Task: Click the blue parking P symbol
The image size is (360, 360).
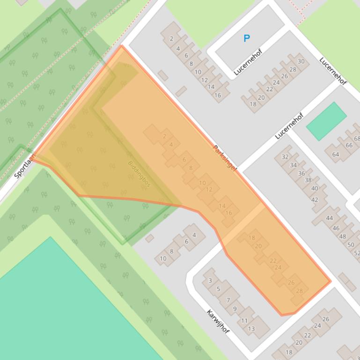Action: pyautogui.click(x=247, y=38)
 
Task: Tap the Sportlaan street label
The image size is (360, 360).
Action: pyautogui.click(x=24, y=166)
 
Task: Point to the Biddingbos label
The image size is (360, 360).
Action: pyautogui.click(x=139, y=174)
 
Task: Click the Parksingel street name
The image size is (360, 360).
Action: pyautogui.click(x=225, y=158)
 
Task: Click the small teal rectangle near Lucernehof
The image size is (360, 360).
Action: pyautogui.click(x=326, y=121)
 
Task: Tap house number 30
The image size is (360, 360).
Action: pyautogui.click(x=301, y=61)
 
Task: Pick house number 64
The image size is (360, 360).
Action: pyautogui.click(x=336, y=154)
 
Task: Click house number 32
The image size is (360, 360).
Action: pyautogui.click(x=285, y=157)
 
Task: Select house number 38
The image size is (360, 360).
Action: pyautogui.click(x=308, y=180)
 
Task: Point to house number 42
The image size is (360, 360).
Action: pyautogui.click(x=315, y=200)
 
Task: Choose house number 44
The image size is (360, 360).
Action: pyautogui.click(x=330, y=218)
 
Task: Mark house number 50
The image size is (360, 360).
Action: pyautogui.click(x=351, y=245)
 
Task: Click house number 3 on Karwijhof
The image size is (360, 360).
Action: pyautogui.click(x=210, y=281)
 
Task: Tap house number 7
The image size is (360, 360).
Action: pyautogui.click(x=228, y=301)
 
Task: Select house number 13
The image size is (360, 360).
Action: pyautogui.click(x=251, y=329)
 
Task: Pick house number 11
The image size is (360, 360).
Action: pyautogui.click(x=244, y=321)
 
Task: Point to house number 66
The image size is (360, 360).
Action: pyautogui.click(x=349, y=145)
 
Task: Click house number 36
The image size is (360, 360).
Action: pyautogui.click(x=301, y=173)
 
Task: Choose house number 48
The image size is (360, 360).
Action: pyautogui.click(x=343, y=236)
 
